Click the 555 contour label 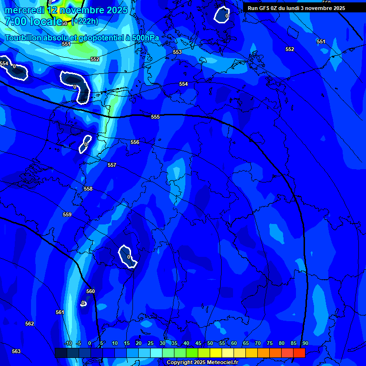coord(155,117)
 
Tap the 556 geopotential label coord(135,142)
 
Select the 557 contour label coord(112,165)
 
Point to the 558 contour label coord(88,189)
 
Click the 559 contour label coord(67,214)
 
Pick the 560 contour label coord(91,291)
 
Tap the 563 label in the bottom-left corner coord(16,351)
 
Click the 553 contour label coord(177,52)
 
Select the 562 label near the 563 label coord(30,324)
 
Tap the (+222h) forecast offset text coord(85,21)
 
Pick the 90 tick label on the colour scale coord(305,344)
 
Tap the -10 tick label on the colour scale coord(68,344)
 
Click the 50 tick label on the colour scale coord(210,344)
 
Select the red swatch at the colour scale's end coord(299,353)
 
